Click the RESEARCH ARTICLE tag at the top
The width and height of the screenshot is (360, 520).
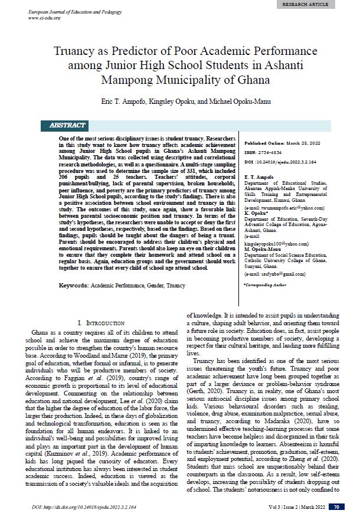tap(322, 4)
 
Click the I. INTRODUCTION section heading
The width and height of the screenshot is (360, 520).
tap(101, 323)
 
